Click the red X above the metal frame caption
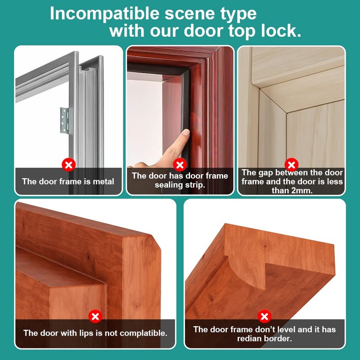(68, 165)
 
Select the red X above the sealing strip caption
(180, 164)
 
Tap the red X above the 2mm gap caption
(292, 164)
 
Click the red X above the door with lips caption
(95, 316)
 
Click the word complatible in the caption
(140, 333)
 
